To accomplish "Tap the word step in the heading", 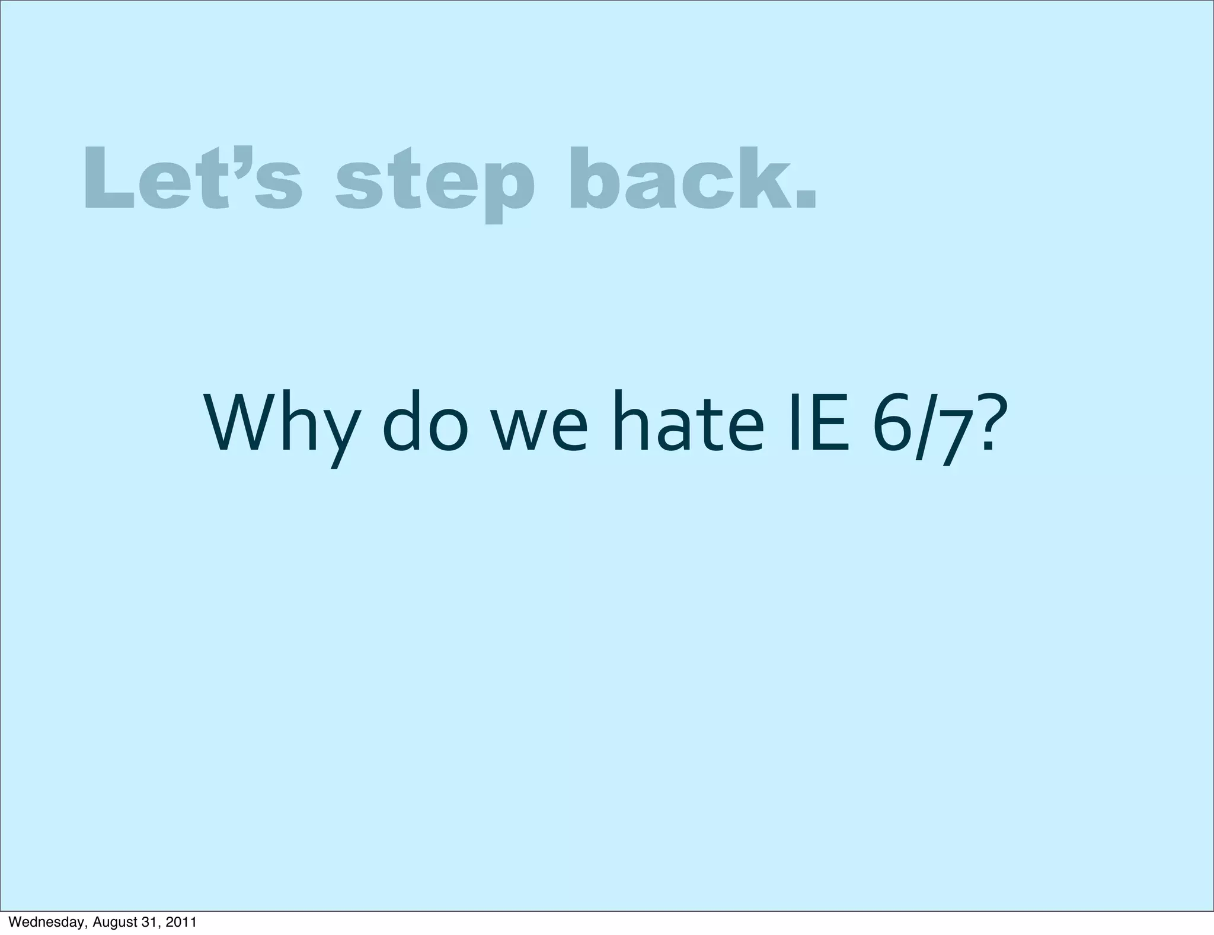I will click(x=435, y=182).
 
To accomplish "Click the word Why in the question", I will click(x=282, y=422).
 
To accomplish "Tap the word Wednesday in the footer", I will click(x=47, y=923).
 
